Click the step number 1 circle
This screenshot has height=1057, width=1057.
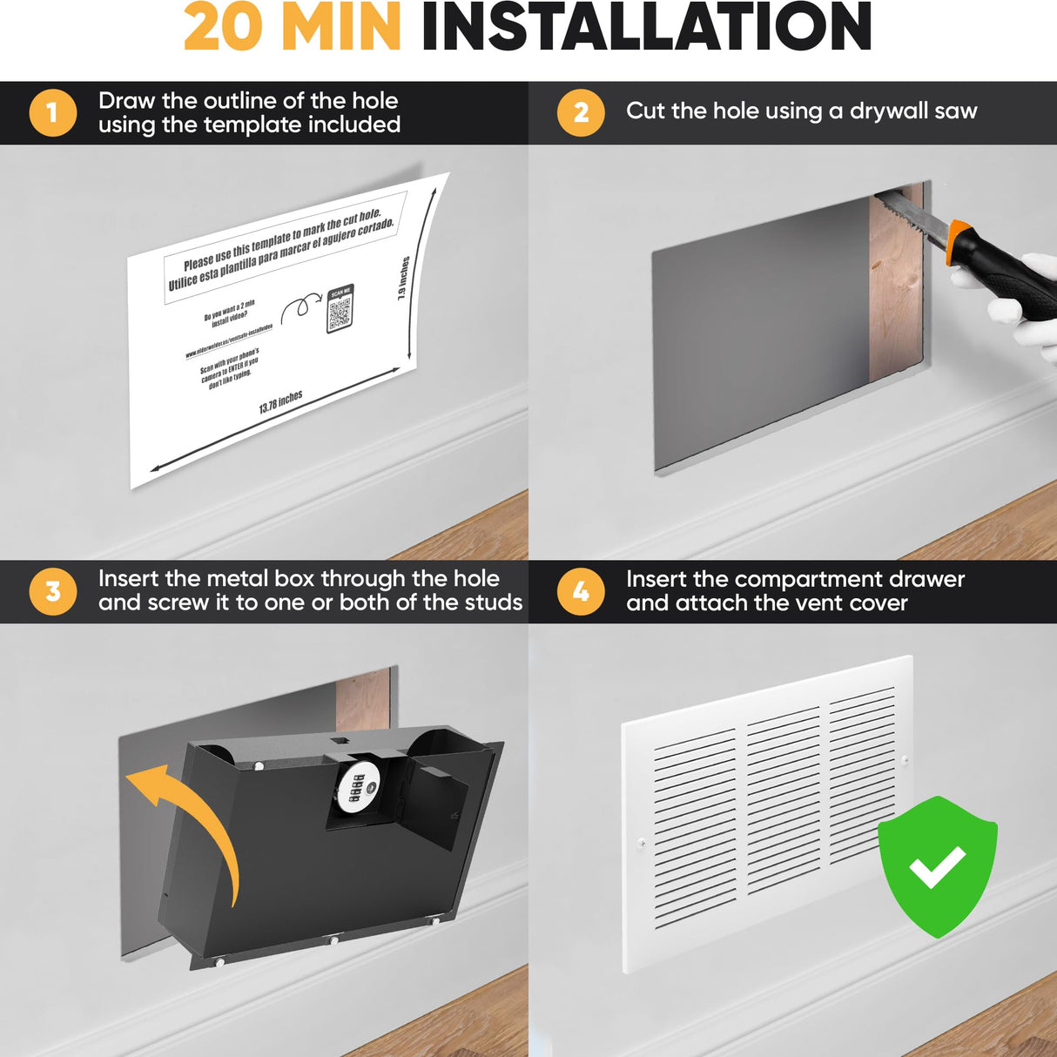(52, 113)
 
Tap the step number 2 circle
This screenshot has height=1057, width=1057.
(581, 113)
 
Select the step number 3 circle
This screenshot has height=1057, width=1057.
(52, 592)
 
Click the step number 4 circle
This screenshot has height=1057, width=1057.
(581, 592)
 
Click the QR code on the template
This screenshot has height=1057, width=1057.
(340, 310)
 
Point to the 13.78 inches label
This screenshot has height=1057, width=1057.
(281, 402)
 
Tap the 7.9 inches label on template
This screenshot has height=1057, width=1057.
(403, 278)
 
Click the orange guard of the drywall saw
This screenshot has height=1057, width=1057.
(958, 240)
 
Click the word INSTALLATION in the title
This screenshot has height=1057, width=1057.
(646, 28)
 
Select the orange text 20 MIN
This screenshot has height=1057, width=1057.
(292, 28)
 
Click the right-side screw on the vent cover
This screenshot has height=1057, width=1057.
(906, 760)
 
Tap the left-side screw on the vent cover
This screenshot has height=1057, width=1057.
(642, 842)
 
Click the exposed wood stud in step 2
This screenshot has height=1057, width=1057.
(895, 287)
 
